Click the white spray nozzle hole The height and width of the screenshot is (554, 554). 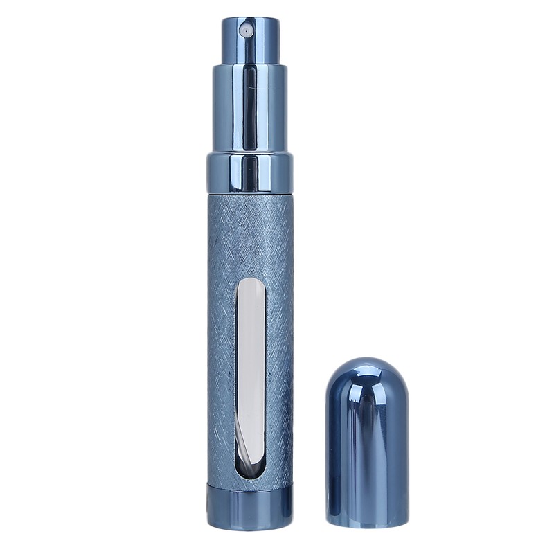pyautogui.click(x=244, y=30)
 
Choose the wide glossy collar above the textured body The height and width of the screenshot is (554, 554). pyautogui.click(x=249, y=173)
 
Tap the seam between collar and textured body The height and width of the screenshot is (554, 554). pyautogui.click(x=249, y=193)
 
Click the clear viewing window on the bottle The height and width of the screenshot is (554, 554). pyautogui.click(x=249, y=377)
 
